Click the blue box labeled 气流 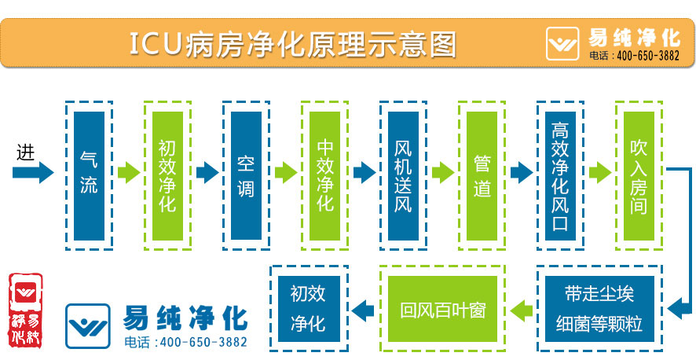tap(89, 175)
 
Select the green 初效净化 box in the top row tap(167, 175)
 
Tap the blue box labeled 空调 tap(246, 175)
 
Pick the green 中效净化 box tap(324, 175)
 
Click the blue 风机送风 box tap(403, 175)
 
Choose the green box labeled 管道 tap(482, 175)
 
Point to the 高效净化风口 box tap(560, 175)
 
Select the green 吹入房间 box tap(639, 175)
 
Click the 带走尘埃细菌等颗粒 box tap(599, 308)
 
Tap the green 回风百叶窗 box tap(442, 308)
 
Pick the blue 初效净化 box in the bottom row tap(309, 308)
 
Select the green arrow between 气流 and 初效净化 tap(128, 172)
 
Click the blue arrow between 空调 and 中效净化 tap(285, 172)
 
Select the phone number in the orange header tap(634, 57)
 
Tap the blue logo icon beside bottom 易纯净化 tap(89, 325)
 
